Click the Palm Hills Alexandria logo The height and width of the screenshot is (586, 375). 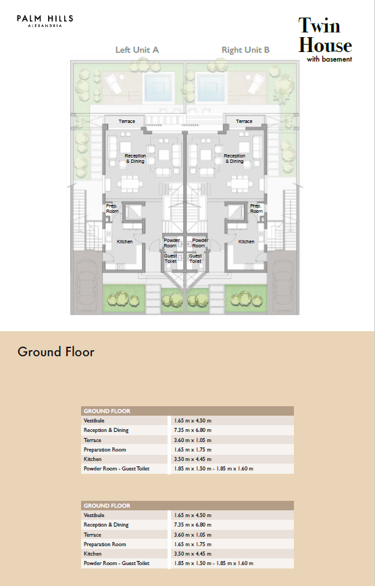pos(45,21)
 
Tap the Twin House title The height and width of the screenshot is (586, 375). pos(325,36)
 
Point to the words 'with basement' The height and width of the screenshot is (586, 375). pos(330,59)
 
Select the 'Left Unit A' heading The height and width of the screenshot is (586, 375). pos(137,50)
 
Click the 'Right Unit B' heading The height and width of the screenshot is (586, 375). pos(245,50)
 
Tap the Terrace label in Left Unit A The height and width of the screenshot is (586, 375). pos(126,122)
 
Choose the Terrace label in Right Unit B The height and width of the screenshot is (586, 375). pos(244,122)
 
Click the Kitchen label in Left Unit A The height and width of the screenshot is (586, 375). pos(124,242)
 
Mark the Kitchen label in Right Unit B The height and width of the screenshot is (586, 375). pos(246,242)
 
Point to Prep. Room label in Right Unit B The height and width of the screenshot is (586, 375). pos(256,209)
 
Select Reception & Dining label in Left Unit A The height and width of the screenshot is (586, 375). pos(135,158)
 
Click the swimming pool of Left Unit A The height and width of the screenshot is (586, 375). pos(159,87)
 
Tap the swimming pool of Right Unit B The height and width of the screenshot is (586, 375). pos(211,87)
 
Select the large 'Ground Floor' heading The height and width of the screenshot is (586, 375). pos(56,351)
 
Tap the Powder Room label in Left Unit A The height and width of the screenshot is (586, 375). pos(172,243)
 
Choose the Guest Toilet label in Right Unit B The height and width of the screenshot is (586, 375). pos(195,258)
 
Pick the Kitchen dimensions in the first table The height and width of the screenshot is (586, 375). pos(193,459)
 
